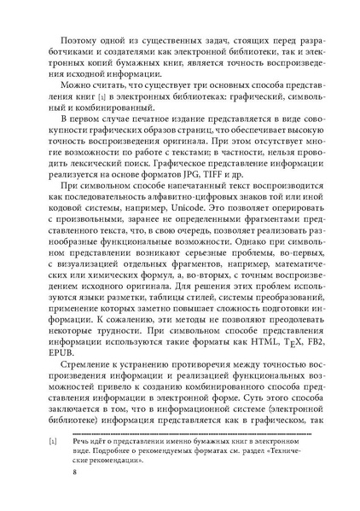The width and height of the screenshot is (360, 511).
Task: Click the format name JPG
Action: click(x=223, y=181)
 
